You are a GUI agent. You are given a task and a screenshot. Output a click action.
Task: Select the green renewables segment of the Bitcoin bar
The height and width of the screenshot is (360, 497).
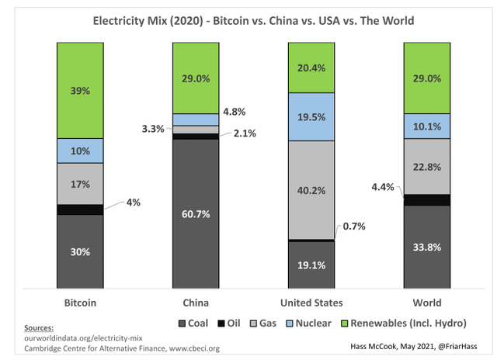(x=80, y=90)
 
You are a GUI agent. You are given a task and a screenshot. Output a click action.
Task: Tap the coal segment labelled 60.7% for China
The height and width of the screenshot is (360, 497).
(x=196, y=213)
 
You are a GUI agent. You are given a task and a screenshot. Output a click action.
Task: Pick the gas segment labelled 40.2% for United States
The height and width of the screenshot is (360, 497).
(x=311, y=190)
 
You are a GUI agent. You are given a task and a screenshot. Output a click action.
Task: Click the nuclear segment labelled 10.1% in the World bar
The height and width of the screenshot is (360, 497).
(x=426, y=126)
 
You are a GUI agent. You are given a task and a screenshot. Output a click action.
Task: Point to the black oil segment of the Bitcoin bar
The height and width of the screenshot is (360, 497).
(x=80, y=209)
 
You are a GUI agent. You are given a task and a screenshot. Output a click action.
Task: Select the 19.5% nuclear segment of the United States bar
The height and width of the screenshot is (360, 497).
(x=311, y=116)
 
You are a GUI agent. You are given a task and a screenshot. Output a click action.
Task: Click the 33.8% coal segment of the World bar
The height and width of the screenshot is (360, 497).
(x=426, y=247)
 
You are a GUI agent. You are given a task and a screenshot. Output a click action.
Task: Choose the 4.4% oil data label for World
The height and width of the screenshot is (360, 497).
(x=383, y=186)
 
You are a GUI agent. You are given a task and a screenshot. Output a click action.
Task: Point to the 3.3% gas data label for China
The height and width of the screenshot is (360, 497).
(x=151, y=128)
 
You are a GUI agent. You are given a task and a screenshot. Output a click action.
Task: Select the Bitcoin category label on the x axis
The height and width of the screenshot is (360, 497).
(x=80, y=302)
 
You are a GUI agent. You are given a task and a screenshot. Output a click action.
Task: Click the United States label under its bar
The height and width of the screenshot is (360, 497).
(x=311, y=302)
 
